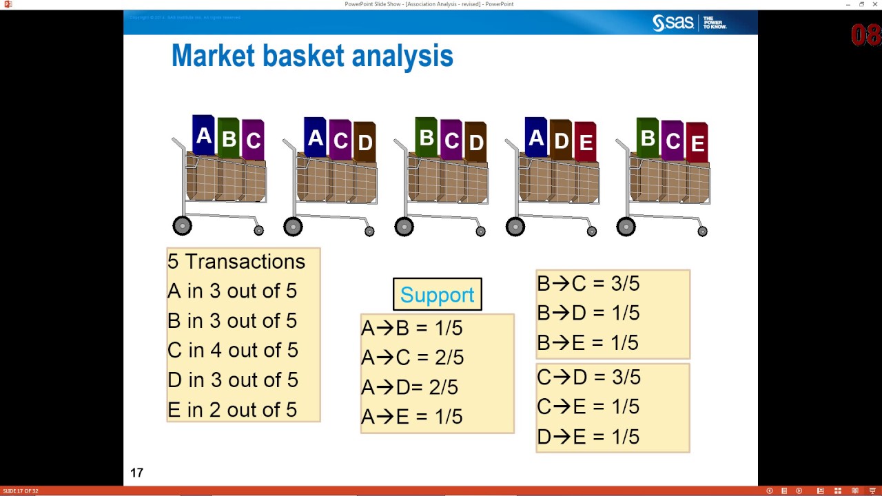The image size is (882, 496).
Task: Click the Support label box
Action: pyautogui.click(x=437, y=295)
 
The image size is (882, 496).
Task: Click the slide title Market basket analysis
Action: pyautogui.click(x=311, y=56)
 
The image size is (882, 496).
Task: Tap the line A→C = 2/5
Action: pyautogui.click(x=412, y=358)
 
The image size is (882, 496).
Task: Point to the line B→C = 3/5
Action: pyautogui.click(x=588, y=284)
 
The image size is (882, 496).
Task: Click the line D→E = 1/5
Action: pyautogui.click(x=588, y=437)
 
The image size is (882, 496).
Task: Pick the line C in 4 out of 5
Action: pyautogui.click(x=232, y=351)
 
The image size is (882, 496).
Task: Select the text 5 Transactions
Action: pyautogui.click(x=236, y=262)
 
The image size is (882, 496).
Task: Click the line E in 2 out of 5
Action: pyautogui.click(x=232, y=410)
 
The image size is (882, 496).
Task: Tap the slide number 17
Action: pyautogui.click(x=136, y=473)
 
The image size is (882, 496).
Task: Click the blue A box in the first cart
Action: pyautogui.click(x=203, y=136)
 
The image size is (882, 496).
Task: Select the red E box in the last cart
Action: pyautogui.click(x=697, y=143)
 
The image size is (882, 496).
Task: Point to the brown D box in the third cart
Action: pyautogui.click(x=475, y=142)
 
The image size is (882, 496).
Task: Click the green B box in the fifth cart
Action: pyautogui.click(x=648, y=138)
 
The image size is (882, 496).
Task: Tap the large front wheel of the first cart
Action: pyautogui.click(x=182, y=226)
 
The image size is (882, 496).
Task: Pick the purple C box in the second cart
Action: pyautogui.click(x=340, y=141)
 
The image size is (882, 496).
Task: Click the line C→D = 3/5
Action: pyautogui.click(x=588, y=378)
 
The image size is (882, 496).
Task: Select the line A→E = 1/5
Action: pyautogui.click(x=411, y=417)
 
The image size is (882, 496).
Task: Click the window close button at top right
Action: pyautogui.click(x=874, y=4)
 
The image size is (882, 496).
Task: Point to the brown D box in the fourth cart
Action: pyautogui.click(x=561, y=141)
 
